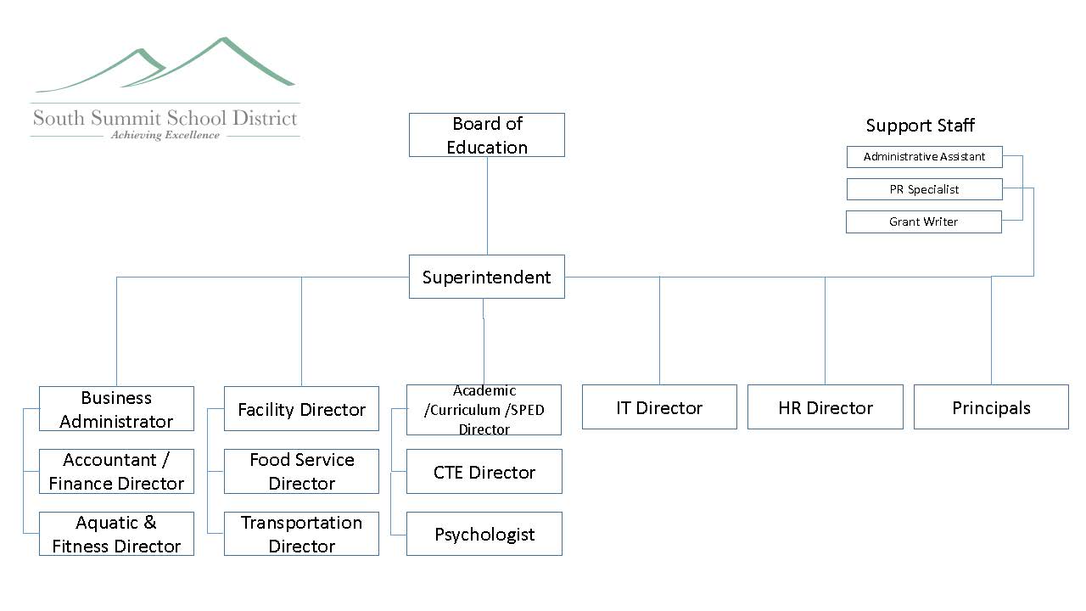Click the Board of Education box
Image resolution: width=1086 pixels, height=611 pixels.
pyautogui.click(x=487, y=135)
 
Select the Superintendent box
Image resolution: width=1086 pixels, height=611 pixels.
pyautogui.click(x=487, y=277)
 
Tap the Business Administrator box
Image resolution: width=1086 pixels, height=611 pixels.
pyautogui.click(x=116, y=409)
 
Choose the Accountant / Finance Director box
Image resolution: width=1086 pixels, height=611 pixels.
pyautogui.click(x=116, y=471)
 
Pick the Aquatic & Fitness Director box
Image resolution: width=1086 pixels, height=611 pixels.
pyautogui.click(x=116, y=534)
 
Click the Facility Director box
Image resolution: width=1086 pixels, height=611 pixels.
pyautogui.click(x=301, y=409)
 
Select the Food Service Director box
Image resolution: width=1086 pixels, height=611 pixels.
pyautogui.click(x=301, y=471)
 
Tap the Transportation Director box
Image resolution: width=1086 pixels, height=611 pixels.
pyautogui.click(x=301, y=534)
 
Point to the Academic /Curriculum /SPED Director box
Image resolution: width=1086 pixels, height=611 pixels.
pyautogui.click(x=484, y=410)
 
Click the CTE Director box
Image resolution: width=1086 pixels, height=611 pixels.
pyautogui.click(x=484, y=471)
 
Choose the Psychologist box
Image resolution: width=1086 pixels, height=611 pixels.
pyautogui.click(x=484, y=534)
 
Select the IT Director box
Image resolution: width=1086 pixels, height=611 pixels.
pyautogui.click(x=659, y=406)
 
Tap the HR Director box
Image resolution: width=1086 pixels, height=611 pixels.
pyautogui.click(x=826, y=406)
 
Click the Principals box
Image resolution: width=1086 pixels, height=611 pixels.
pyautogui.click(x=991, y=406)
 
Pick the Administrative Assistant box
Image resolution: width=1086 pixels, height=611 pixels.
pyautogui.click(x=925, y=157)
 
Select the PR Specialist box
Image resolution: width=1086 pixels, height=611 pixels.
pyautogui.click(x=925, y=189)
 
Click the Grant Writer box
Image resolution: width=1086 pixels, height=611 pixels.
pyautogui.click(x=924, y=221)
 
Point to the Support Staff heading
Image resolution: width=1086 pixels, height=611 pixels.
pyautogui.click(x=921, y=125)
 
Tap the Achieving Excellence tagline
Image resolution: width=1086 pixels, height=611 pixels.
pyautogui.click(x=165, y=135)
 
